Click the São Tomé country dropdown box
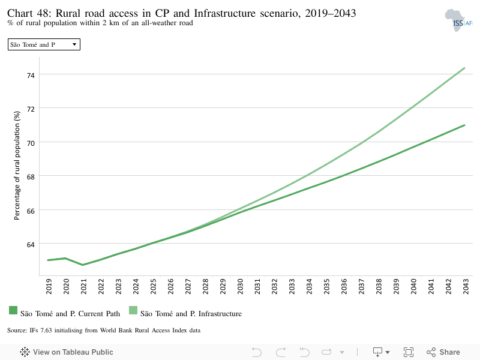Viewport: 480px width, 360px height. click(44, 44)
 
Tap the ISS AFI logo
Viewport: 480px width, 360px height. click(458, 20)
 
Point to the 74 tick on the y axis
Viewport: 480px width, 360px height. click(31, 76)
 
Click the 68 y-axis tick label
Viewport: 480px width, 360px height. click(31, 177)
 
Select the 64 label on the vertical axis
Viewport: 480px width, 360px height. click(31, 245)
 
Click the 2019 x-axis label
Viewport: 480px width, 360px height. click(49, 287)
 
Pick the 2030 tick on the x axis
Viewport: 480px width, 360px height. click(241, 287)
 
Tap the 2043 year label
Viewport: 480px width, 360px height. click(466, 287)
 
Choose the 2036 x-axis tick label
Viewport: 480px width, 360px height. click(344, 287)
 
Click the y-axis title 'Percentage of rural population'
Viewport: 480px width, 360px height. click(17, 166)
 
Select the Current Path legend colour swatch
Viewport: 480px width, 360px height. click(13, 310)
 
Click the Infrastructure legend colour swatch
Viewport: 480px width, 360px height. click(133, 310)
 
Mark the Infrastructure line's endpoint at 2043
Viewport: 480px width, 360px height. click(464, 68)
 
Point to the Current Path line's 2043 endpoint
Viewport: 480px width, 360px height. click(464, 125)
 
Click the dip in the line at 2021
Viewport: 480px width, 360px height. click(83, 265)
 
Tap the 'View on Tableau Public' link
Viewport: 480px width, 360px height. click(67, 352)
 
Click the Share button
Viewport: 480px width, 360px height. click(443, 352)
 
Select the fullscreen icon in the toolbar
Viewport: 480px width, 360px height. click(409, 352)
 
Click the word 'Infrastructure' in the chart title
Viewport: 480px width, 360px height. click(224, 13)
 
